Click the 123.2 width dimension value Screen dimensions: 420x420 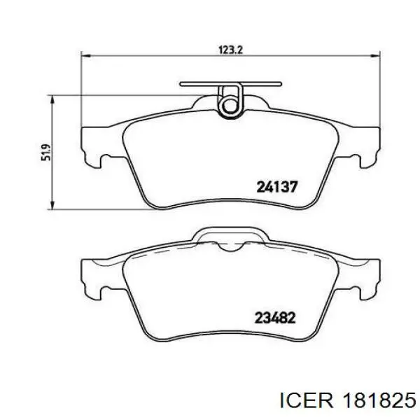(230, 50)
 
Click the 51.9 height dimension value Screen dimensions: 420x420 (45, 153)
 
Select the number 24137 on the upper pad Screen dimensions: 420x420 (277, 187)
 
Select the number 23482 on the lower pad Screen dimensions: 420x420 (275, 318)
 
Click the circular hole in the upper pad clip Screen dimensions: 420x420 (230, 105)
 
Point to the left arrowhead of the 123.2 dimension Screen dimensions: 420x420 (86, 56)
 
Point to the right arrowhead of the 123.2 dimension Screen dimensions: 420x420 (375, 56)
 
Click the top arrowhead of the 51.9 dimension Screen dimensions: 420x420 (52, 100)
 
